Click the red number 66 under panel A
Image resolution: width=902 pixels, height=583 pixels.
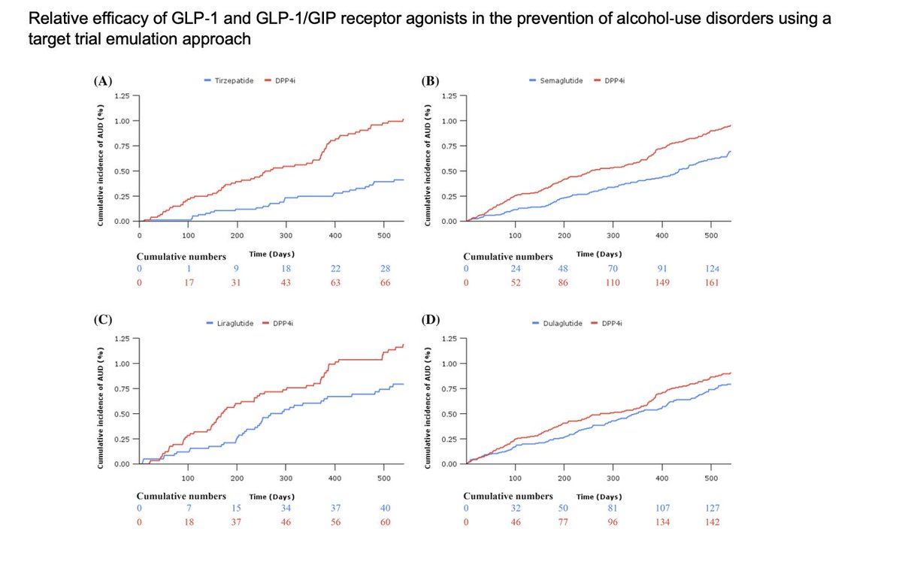coord(385,282)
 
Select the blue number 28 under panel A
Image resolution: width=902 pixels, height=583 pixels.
coord(385,268)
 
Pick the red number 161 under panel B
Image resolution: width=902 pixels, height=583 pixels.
coord(711,282)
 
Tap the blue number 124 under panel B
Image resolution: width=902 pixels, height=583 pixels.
coord(711,268)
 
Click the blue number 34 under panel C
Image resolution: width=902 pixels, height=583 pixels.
coord(286,509)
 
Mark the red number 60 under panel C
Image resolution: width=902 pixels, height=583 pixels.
coord(385,522)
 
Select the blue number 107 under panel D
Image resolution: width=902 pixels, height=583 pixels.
coord(662,509)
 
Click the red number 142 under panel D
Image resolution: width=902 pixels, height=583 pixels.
coord(711,522)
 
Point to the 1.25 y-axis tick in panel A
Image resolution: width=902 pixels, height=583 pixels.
coord(122,96)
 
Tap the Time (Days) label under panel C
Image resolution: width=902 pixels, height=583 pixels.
coord(272,497)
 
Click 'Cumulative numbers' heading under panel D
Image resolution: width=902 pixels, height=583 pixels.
coord(508,496)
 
